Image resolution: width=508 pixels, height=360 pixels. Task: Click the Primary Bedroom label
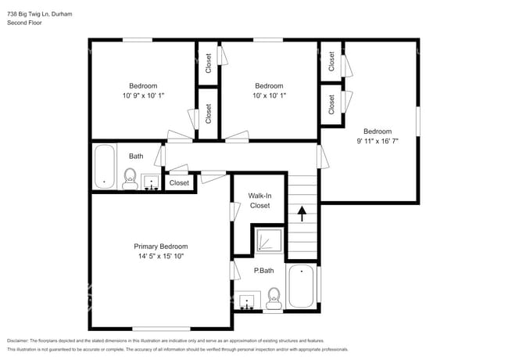pos(160,247)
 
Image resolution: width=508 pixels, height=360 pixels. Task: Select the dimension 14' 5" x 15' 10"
pos(160,257)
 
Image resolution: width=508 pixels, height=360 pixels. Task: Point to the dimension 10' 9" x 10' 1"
pos(143,95)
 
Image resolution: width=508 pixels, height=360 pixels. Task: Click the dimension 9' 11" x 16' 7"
pos(377,142)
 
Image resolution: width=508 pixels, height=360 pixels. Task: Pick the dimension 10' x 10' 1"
pos(269,95)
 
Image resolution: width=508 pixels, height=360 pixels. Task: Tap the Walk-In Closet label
pos(259,200)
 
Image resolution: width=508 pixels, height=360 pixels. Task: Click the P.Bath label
pos(263,271)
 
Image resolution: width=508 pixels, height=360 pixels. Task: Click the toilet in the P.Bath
pos(274,296)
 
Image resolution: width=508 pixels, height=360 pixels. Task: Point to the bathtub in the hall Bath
pos(104,167)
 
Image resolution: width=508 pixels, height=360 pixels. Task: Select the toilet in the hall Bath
pos(130,178)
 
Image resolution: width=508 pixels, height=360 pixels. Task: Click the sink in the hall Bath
pos(151,182)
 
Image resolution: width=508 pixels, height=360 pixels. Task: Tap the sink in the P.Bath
pos(249,302)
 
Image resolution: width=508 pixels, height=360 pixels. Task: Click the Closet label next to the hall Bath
pos(179,183)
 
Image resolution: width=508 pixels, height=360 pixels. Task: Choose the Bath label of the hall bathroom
pos(136,157)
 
